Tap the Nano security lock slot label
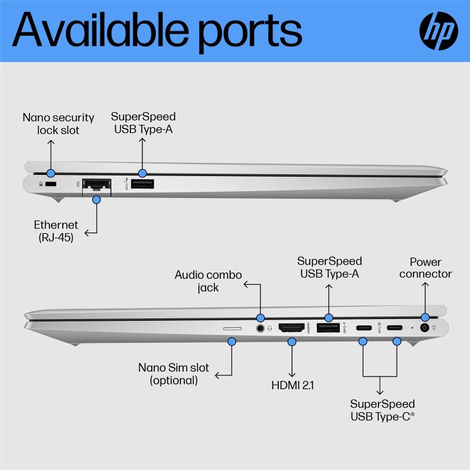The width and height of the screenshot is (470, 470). click(58, 123)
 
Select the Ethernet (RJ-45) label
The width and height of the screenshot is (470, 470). click(56, 231)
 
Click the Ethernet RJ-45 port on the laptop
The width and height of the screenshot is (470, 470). click(97, 185)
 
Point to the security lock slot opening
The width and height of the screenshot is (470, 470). click(51, 185)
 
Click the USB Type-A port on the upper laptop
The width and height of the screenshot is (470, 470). click(143, 185)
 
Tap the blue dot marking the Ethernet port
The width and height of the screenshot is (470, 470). click(97, 200)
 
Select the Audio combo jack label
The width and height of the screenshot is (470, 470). click(208, 281)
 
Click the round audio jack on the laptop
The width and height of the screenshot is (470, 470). click(260, 327)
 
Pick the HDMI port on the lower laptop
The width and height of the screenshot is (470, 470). click(291, 327)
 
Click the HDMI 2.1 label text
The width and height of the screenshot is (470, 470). click(292, 385)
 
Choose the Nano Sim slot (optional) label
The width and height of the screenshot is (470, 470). click(174, 373)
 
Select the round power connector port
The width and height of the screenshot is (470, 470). click(426, 328)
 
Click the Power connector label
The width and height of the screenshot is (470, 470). click(426, 268)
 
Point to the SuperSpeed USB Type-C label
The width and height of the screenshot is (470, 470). click(382, 410)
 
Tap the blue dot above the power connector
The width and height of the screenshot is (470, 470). click(426, 317)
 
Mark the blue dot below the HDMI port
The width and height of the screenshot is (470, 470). click(291, 342)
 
